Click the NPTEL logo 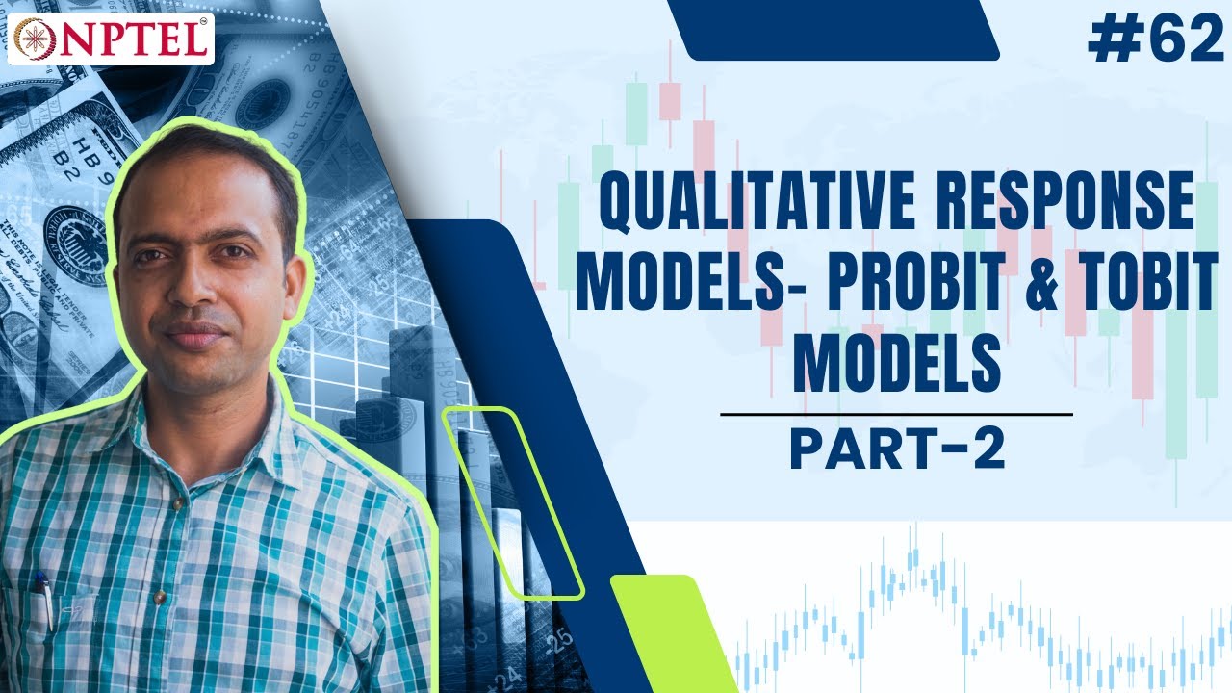click(x=111, y=39)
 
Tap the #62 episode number click(x=1153, y=39)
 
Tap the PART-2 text click(x=897, y=449)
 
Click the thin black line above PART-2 click(x=896, y=415)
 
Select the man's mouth click(x=198, y=337)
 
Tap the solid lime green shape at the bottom click(x=674, y=635)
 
